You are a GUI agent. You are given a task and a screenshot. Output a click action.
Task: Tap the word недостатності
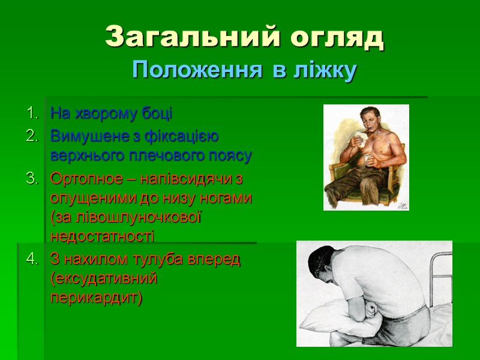[103, 235]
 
